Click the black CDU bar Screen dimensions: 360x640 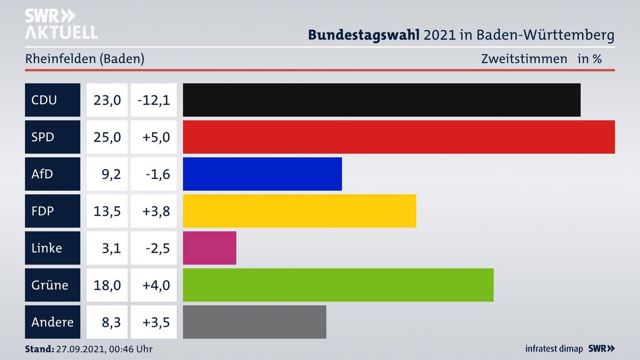click(381, 100)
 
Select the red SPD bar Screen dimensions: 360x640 click(399, 137)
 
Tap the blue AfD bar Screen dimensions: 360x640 click(262, 174)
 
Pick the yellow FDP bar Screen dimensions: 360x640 click(300, 211)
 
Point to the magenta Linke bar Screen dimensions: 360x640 click(209, 248)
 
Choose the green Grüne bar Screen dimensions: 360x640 click(338, 285)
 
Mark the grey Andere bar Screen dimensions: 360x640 click(254, 322)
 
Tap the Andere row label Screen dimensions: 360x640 click(52, 322)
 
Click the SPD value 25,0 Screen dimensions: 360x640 click(107, 137)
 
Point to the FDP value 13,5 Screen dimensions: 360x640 click(107, 211)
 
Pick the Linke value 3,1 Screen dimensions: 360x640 click(111, 248)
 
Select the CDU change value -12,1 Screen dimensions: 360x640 click(154, 100)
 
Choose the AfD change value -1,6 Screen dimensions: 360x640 click(157, 174)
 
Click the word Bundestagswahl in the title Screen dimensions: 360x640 click(364, 35)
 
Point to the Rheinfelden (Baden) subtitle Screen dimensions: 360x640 click(84, 59)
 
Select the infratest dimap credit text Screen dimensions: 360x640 click(554, 349)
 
